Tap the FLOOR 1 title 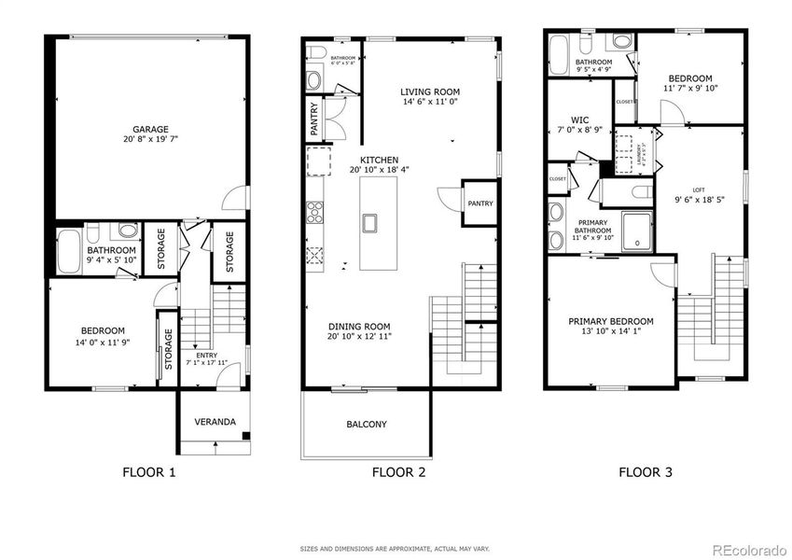coord(149,472)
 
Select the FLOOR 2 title coord(398,472)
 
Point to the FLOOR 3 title coord(646,472)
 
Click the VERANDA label coord(213,422)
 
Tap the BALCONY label coord(367,425)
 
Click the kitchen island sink coord(370,223)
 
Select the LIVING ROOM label coord(430,92)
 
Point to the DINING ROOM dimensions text coord(359,336)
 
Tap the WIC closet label coord(578,120)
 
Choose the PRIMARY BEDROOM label coord(611,321)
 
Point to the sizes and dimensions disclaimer coord(396,549)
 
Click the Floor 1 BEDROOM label coord(103,330)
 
